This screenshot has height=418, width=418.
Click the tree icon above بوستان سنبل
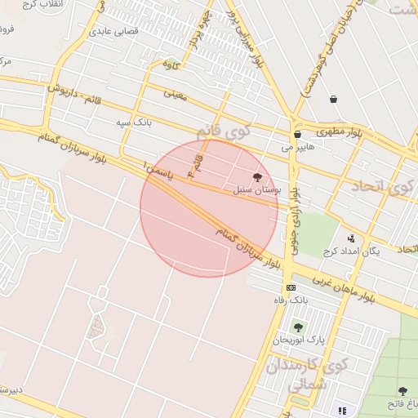[x=258, y=177]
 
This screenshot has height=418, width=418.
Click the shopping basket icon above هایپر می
[x=297, y=135]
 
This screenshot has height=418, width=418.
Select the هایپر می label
[x=297, y=148]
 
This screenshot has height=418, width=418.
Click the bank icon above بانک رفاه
[x=291, y=288]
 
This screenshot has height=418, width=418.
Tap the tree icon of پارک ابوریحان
[x=297, y=327]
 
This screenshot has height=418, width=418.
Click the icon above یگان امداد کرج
[x=351, y=238]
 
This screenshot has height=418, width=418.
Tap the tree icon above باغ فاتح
[x=402, y=391]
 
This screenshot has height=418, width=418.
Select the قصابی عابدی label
[x=114, y=32]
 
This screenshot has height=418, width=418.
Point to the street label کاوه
[x=170, y=64]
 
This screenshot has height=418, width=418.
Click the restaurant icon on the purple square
[x=341, y=410]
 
